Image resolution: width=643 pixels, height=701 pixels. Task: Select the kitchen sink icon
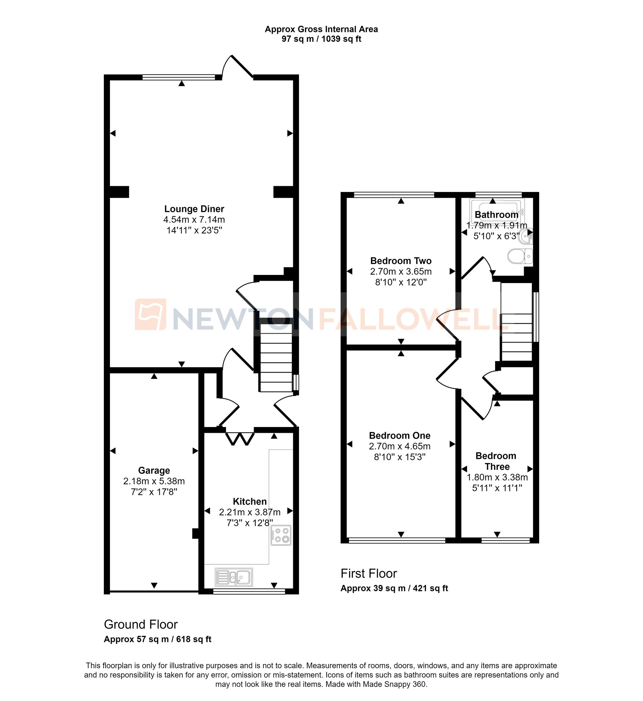tap(234, 578)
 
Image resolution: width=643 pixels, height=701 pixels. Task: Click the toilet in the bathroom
tap(520, 256)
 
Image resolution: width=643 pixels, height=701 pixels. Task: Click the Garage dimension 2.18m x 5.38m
tap(154, 481)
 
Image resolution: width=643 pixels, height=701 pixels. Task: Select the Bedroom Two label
tap(401, 261)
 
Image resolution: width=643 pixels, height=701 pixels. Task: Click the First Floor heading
tap(368, 573)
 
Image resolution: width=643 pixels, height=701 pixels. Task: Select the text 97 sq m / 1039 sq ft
tap(321, 39)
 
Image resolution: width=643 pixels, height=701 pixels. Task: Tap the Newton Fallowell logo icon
tap(150, 314)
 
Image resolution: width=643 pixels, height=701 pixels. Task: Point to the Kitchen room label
tap(250, 502)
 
